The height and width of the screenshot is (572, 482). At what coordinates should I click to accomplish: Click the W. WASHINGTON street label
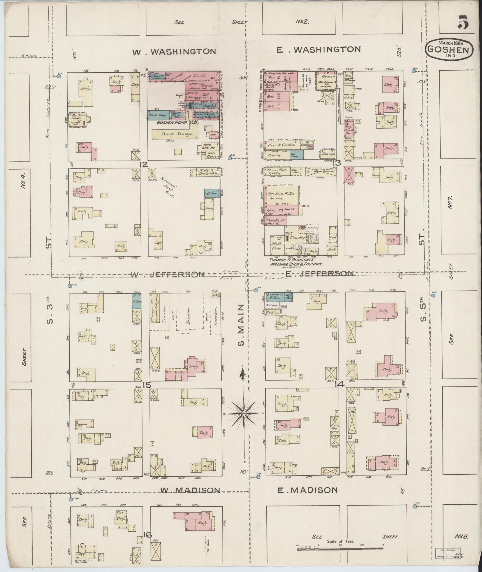click(174, 51)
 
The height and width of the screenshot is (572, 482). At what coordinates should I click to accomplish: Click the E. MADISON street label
click(306, 490)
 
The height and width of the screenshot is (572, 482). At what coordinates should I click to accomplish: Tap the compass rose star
click(244, 414)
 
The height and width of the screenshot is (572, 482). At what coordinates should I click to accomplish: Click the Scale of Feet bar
click(340, 549)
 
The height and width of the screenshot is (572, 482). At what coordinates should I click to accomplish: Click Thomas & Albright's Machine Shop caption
click(296, 262)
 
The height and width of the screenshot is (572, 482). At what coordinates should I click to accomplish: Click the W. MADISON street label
click(190, 490)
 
